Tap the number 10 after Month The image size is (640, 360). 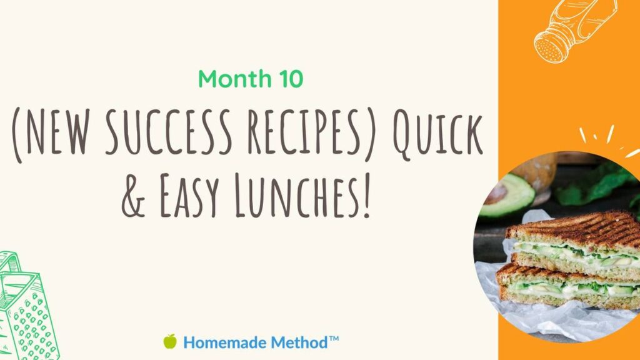click(x=291, y=79)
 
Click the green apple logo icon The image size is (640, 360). click(x=170, y=341)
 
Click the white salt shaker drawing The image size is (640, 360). click(x=575, y=30)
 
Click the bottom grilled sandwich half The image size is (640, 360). click(x=568, y=287)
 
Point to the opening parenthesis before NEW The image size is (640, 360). click(x=17, y=136)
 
